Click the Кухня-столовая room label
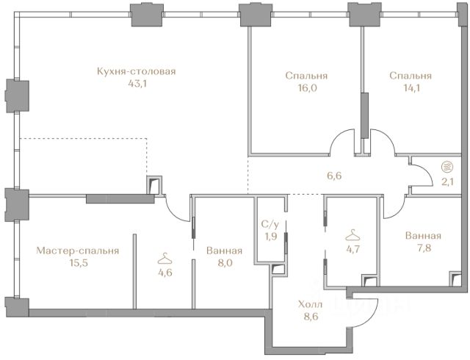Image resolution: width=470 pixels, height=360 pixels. pyautogui.click(x=137, y=72)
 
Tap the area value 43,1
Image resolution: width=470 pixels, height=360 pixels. pyautogui.click(x=137, y=84)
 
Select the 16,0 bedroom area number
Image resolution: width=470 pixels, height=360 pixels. pyautogui.click(x=307, y=88)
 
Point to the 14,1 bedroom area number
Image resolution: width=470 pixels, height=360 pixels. pyautogui.click(x=411, y=88)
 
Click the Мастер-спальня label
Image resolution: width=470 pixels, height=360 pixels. pyautogui.click(x=78, y=251)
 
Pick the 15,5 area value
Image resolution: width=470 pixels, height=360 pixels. pyautogui.click(x=79, y=263)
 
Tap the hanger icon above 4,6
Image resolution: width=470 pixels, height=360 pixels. pyautogui.click(x=165, y=259)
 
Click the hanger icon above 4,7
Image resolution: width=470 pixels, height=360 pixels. pyautogui.click(x=352, y=235)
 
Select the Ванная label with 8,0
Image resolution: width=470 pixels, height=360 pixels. pyautogui.click(x=224, y=251)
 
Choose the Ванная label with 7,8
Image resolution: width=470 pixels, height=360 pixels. pyautogui.click(x=423, y=236)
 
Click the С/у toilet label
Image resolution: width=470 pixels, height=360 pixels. pyautogui.click(x=270, y=224)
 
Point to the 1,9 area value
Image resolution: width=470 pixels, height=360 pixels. pyautogui.click(x=270, y=237)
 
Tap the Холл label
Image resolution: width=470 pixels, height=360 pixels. pyautogui.click(x=310, y=305)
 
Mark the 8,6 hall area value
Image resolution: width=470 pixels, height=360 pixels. pyautogui.click(x=311, y=317)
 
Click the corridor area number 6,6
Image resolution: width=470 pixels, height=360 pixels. pyautogui.click(x=334, y=176)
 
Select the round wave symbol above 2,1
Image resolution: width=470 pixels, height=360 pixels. pyautogui.click(x=447, y=167)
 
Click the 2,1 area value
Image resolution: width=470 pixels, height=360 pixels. pyautogui.click(x=447, y=181)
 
